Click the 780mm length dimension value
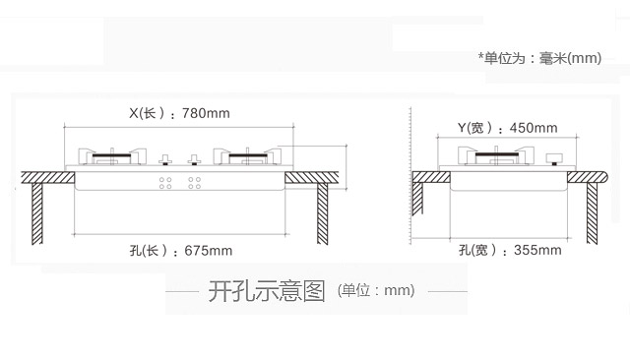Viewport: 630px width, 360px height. tap(206, 113)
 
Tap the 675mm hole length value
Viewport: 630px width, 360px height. tap(208, 251)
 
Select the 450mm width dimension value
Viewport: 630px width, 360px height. tap(534, 128)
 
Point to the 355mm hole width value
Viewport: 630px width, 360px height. tap(537, 250)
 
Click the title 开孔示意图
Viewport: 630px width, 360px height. tap(267, 291)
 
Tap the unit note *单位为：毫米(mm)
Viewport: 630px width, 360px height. tap(539, 58)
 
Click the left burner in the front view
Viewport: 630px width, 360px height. tap(112, 156)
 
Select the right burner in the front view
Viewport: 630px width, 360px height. tap(247, 156)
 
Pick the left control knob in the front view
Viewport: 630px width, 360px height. tap(165, 159)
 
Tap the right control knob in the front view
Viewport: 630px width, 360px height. tap(195, 159)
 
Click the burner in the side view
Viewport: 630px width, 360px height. tap(496, 155)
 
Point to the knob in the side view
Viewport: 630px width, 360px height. tap(554, 159)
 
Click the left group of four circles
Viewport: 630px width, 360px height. tap(165, 183)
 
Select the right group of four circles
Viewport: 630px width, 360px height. tap(195, 183)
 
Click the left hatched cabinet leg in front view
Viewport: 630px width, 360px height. tap(37, 213)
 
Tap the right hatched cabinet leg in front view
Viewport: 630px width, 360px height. tap(322, 213)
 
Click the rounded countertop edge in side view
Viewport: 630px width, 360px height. tap(604, 177)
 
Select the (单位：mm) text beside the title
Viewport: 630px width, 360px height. tap(376, 290)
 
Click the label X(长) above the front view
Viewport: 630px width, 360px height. tap(147, 113)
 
